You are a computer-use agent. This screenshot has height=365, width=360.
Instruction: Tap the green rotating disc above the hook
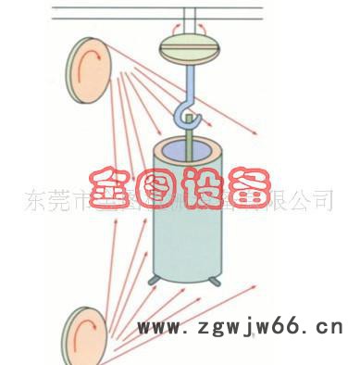pos(193,45)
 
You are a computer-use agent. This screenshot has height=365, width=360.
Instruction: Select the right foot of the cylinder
pos(217,281)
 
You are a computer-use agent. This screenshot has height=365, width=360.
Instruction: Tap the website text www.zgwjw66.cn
pos(240,328)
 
